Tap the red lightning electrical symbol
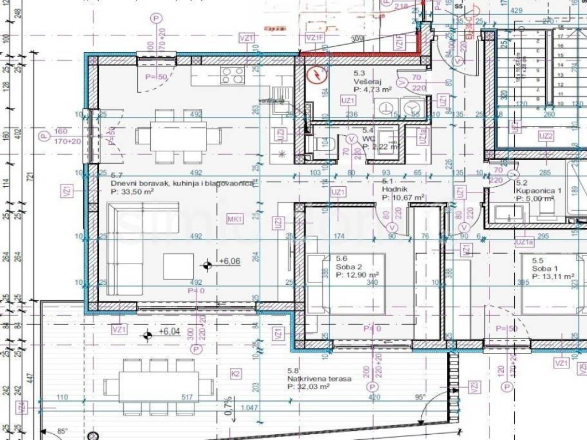pos(316,75)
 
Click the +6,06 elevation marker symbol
pos(207,264)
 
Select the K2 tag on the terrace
pos(235,374)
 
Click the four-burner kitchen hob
pos(232,74)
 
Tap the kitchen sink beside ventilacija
pos(281,93)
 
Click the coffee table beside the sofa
pos(178,266)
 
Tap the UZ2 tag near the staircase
pos(546,136)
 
